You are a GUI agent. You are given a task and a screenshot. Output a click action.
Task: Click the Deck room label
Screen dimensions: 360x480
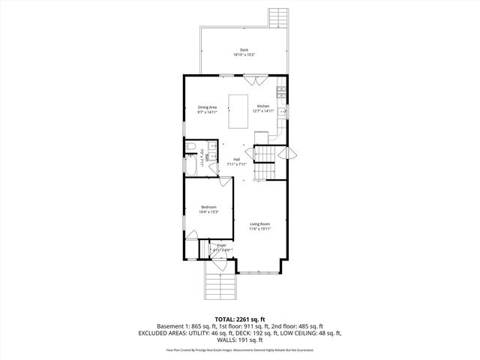pyautogui.click(x=244, y=49)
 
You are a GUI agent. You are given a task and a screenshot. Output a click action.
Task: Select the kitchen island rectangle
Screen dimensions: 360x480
pyautogui.click(x=239, y=112)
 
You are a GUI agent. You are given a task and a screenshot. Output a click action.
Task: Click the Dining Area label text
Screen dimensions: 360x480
pyautogui.click(x=208, y=106)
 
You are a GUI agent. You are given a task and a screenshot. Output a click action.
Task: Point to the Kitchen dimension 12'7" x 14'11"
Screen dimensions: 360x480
pyautogui.click(x=263, y=112)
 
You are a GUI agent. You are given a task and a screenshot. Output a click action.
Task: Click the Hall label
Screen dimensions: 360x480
pyautogui.click(x=236, y=159)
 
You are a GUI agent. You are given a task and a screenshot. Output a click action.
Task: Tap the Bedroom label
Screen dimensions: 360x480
pyautogui.click(x=208, y=207)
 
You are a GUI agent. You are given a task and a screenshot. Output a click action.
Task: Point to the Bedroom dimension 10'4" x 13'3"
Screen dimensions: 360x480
pyautogui.click(x=208, y=212)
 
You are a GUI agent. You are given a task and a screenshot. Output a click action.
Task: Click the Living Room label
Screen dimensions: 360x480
pyautogui.click(x=259, y=223)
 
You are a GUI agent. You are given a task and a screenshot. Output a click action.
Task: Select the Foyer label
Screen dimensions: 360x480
pyautogui.click(x=221, y=245)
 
